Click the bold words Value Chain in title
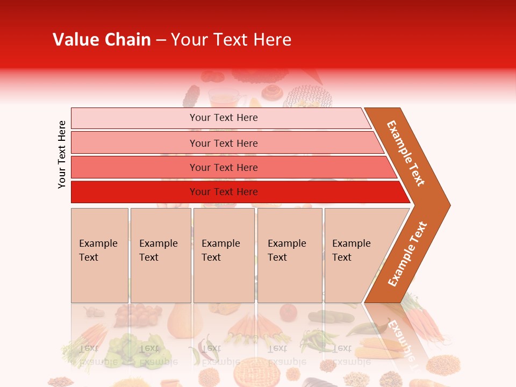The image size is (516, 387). pos(102,40)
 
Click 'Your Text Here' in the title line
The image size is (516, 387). pos(231,40)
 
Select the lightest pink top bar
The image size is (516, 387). pos(220,118)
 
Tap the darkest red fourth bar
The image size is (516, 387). pos(236,192)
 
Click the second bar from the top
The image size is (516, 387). pos(226,143)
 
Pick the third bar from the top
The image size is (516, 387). pos(231,167)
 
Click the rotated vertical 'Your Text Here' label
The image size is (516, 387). pos(62,154)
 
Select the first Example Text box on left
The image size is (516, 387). pos(99,255)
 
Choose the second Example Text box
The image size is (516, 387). pos(160,255)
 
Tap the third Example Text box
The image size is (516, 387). pos(224,255)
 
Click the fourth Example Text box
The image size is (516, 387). pos(289,255)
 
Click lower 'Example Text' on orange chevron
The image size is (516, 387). pos(407,254)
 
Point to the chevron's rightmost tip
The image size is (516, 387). pos(449,205)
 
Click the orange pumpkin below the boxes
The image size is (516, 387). pos(184,321)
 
